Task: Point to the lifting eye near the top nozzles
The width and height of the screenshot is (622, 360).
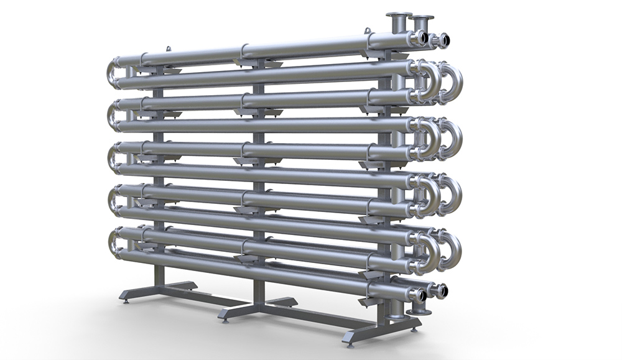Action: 368,30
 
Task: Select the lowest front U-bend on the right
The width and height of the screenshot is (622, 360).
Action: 429,249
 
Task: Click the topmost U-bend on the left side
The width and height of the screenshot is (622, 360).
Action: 113,69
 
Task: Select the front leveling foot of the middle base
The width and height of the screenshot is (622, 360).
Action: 225,321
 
